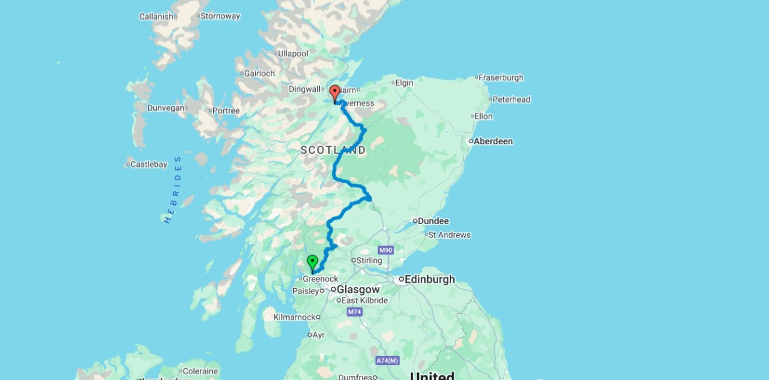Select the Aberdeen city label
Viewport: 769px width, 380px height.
point(493,141)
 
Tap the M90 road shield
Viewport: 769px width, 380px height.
point(385,250)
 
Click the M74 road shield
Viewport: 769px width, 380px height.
point(354,312)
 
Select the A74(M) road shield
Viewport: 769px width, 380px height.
point(387,361)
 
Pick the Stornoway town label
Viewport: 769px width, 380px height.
point(220,16)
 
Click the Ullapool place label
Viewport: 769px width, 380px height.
point(293,54)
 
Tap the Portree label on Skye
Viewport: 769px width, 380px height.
point(226,111)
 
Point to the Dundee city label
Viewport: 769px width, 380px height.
point(433,221)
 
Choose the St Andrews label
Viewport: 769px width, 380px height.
point(449,235)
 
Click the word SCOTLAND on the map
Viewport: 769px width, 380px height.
point(333,150)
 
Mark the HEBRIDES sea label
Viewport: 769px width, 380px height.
point(173,190)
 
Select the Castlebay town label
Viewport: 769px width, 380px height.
point(149,165)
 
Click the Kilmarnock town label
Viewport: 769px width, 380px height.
point(294,317)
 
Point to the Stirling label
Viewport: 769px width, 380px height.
point(369,260)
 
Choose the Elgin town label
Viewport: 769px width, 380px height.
point(404,83)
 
